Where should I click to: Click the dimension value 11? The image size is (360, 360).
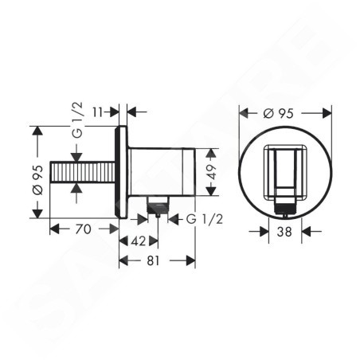pos(97,112)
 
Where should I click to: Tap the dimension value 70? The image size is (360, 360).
pos(83,229)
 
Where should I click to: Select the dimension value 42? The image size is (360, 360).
pos(139,241)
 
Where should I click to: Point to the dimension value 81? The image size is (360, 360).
pos(153,260)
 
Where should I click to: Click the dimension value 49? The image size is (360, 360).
pos(211,172)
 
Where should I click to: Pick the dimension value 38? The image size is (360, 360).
pos(284,232)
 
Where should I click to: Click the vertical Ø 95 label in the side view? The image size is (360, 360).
pos(37,180)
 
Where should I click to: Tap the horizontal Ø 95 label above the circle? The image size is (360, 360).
pos(279,114)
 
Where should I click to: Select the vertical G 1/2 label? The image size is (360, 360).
pos(78,120)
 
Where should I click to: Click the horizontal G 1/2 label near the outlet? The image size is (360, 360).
pos(205,219)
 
